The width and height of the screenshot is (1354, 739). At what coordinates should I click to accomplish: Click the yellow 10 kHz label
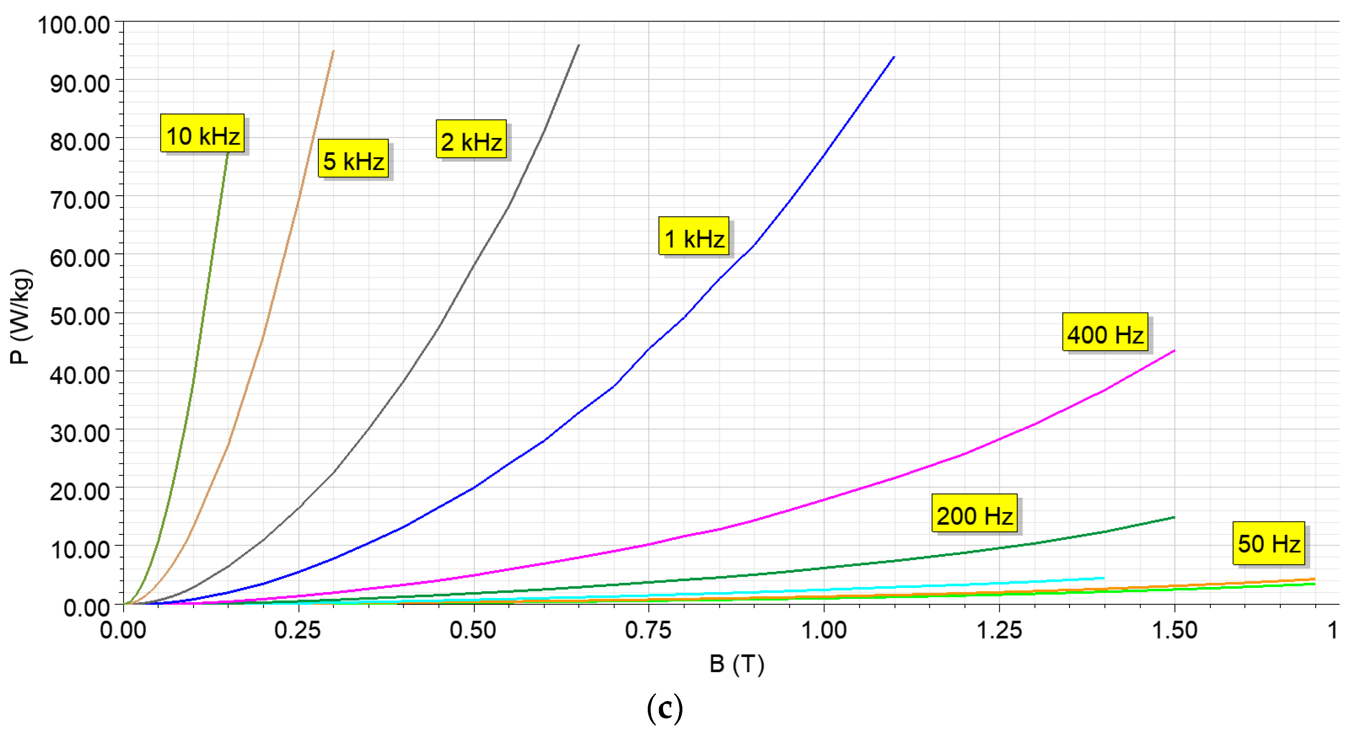click(x=202, y=133)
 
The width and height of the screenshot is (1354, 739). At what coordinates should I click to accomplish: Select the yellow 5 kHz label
click(x=353, y=159)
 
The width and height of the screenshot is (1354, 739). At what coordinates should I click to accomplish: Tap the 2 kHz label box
click(x=471, y=139)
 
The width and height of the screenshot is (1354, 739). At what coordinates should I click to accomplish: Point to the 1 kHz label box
click(x=694, y=236)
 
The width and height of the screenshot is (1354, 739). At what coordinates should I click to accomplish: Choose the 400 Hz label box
click(x=1105, y=332)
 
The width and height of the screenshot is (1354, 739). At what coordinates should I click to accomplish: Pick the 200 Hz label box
click(x=974, y=513)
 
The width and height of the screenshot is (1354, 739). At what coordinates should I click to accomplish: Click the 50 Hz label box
click(x=1268, y=543)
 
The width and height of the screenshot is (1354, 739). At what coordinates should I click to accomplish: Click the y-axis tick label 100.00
click(x=74, y=25)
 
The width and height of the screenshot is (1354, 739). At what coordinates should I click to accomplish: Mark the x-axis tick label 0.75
click(x=648, y=629)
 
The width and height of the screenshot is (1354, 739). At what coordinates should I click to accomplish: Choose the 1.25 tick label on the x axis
click(x=999, y=629)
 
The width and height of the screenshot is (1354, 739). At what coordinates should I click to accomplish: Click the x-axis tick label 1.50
click(x=1174, y=629)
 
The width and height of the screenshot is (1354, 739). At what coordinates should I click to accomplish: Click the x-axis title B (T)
click(x=736, y=664)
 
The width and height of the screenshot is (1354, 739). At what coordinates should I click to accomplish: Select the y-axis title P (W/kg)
click(x=21, y=317)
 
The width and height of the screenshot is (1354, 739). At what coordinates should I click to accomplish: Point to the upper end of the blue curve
click(x=894, y=57)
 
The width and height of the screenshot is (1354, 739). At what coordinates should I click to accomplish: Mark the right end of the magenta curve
click(x=1174, y=351)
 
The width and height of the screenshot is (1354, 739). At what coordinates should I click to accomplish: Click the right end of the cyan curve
click(x=1104, y=578)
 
